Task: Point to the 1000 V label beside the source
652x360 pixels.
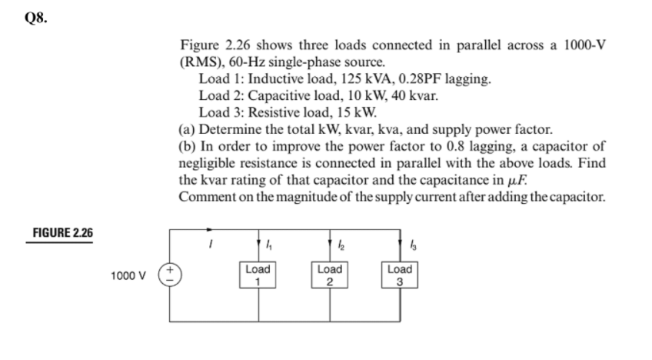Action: click(128, 275)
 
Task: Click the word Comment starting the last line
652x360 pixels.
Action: click(207, 196)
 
